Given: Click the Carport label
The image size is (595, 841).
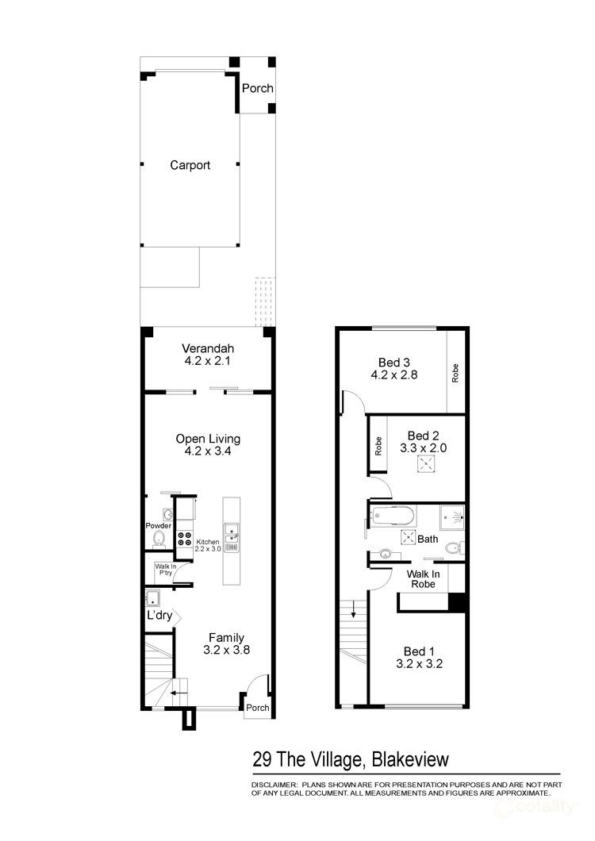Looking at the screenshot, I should tap(190, 165).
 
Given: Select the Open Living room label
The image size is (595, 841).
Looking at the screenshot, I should tap(208, 445).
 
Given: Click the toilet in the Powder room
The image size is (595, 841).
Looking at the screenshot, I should tap(158, 540).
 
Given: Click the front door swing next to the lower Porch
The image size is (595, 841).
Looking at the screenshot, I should tap(256, 684).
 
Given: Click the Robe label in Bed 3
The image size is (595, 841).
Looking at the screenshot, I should tap(455, 373).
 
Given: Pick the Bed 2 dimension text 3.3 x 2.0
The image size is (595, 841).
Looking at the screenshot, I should tap(423, 447).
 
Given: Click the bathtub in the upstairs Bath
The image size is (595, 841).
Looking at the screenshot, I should tap(392, 517).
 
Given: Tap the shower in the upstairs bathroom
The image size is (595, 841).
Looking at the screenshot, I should tap(453, 517).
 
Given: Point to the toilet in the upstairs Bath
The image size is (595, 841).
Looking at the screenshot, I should tap(452, 547).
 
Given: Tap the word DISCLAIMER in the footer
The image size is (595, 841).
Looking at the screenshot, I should tap(274, 783).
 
